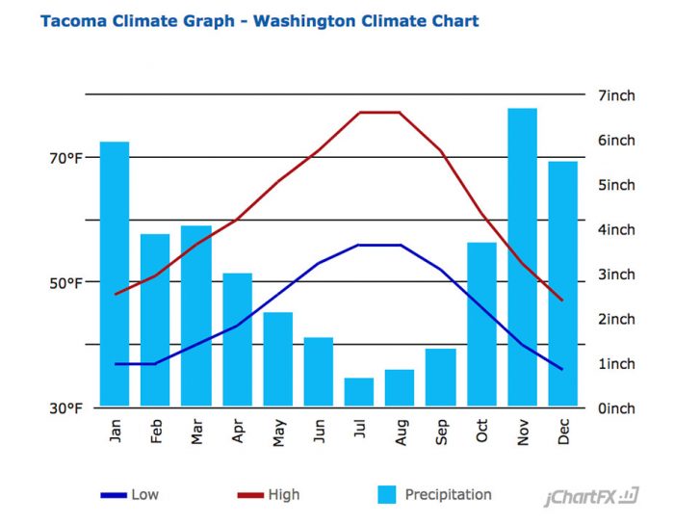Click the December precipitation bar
coord(563,283)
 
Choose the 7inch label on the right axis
coord(616,95)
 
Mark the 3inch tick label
coord(616,275)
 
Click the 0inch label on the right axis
coord(616,408)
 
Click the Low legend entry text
coord(144,495)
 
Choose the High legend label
coord(284,495)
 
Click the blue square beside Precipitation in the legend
coord(387,495)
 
